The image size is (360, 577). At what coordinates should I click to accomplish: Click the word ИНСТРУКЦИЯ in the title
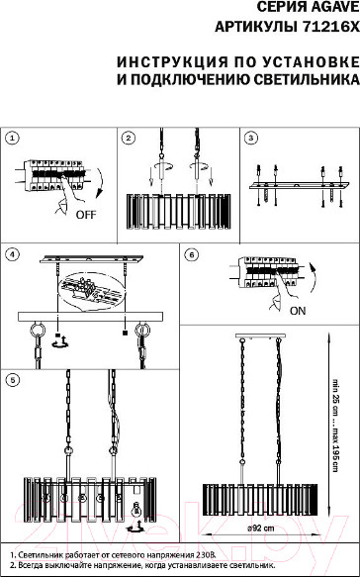tap(172, 61)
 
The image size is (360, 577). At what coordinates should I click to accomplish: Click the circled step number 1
tap(13, 139)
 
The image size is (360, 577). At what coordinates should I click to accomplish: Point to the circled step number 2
tap(129, 139)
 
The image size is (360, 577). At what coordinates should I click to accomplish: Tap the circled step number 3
tap(251, 139)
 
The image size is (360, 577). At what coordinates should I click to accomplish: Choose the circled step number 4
tap(13, 254)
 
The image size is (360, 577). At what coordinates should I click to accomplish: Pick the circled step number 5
tap(13, 380)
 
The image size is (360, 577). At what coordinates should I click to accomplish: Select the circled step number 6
tap(192, 254)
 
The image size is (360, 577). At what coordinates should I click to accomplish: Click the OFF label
tap(86, 215)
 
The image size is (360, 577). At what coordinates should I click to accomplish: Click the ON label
tap(298, 311)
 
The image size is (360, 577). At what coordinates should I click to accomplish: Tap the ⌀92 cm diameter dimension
tap(260, 529)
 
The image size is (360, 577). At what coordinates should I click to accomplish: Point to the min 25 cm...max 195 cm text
tap(335, 425)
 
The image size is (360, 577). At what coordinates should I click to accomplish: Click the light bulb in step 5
tap(137, 511)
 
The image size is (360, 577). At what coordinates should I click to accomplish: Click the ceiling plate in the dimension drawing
tap(260, 336)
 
